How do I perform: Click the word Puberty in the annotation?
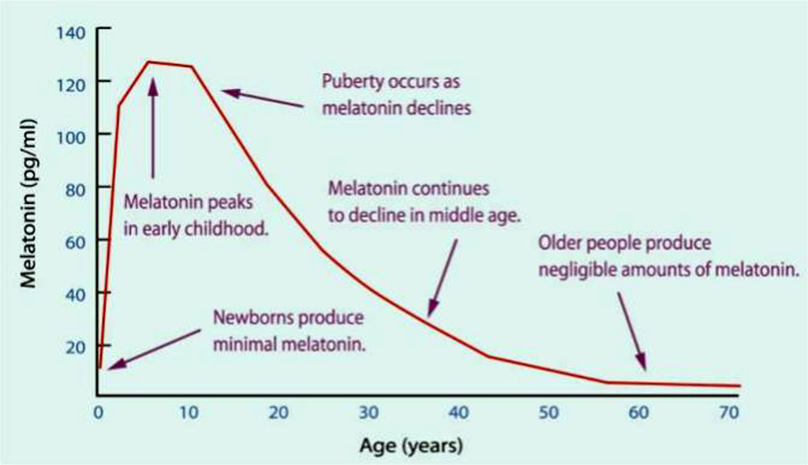(347, 80)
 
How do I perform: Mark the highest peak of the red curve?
(151, 61)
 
